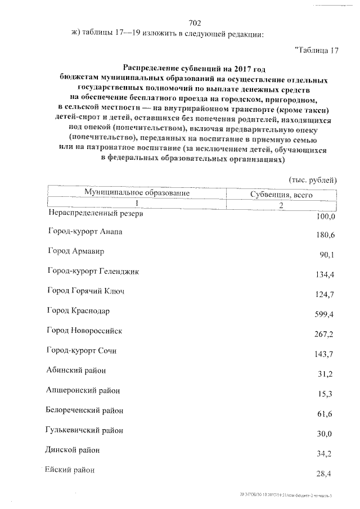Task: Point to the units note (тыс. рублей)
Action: coord(312,180)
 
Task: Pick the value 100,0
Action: coord(325,217)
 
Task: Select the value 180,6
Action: coord(325,236)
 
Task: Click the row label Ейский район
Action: coord(71,470)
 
